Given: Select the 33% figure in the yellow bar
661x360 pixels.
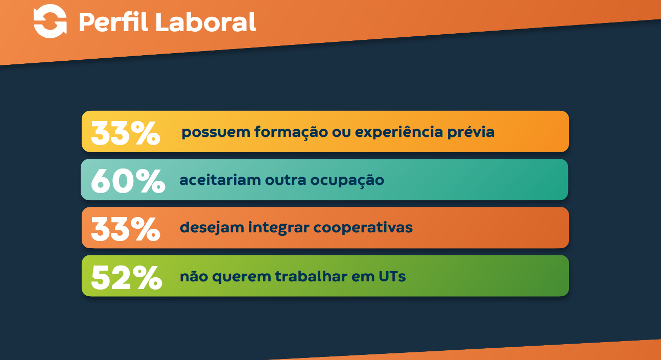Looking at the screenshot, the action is (126, 133).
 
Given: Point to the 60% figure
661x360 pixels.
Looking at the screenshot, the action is (128, 181).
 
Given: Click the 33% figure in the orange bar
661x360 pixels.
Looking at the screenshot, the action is (126, 229).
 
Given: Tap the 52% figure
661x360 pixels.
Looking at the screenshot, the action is (127, 277).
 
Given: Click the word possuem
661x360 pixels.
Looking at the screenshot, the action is (216, 133).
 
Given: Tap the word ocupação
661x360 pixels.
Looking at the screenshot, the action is (347, 181).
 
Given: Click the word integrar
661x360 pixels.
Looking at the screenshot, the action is (279, 228).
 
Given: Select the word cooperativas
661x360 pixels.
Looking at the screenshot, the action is (363, 228).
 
